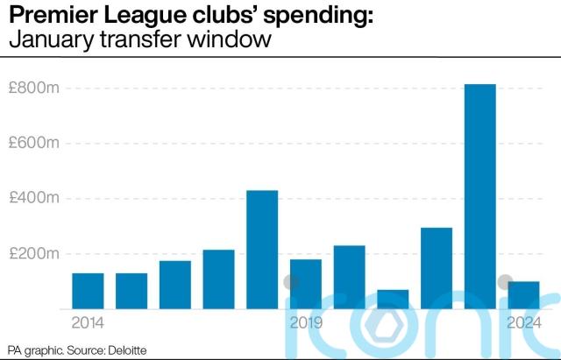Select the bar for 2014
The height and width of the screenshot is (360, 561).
tap(88, 291)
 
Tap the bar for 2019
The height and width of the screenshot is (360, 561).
tap(305, 284)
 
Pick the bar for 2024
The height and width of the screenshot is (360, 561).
tap(523, 294)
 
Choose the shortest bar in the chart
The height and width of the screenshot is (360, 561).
tap(393, 299)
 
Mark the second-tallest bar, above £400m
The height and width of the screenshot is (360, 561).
tap(262, 250)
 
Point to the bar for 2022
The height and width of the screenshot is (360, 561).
tap(437, 268)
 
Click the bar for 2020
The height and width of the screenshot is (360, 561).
tap(349, 277)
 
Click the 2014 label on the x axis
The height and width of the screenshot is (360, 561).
tap(87, 322)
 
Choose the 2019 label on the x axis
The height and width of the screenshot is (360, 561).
tap(305, 322)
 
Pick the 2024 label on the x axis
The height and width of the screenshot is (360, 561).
tap(523, 322)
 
